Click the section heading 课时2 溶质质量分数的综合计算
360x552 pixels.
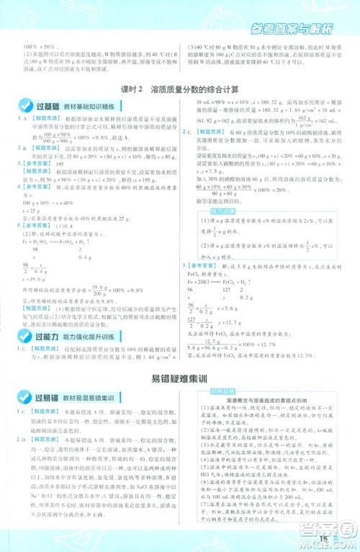[x=180, y=91]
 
